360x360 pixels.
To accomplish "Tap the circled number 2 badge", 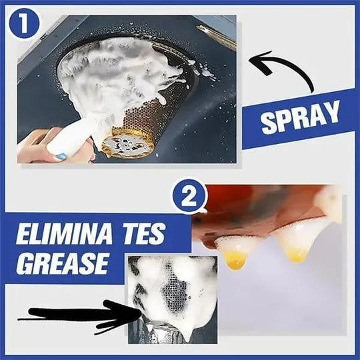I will point(189,199).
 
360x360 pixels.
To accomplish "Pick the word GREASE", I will point(61,263).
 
